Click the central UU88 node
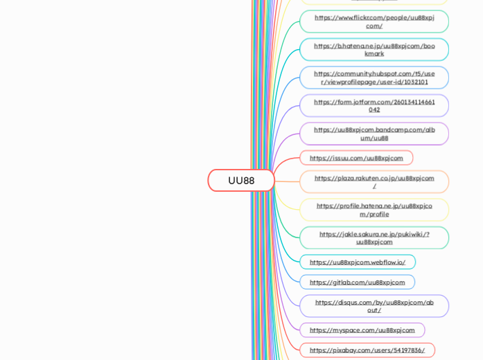point(241,180)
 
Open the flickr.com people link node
point(374,21)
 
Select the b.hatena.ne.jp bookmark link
point(374,49)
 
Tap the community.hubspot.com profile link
point(374,78)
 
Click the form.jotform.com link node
point(374,105)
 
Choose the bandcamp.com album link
point(374,134)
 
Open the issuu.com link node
point(356,158)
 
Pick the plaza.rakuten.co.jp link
point(374,181)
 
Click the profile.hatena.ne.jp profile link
point(374,210)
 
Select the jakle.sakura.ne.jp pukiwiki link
point(374,237)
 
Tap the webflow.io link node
point(358,262)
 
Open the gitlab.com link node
point(357,282)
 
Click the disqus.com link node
point(374,306)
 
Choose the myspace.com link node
point(362,330)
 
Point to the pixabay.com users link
point(367,350)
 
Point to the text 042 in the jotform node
point(374,109)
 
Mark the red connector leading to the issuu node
point(286,161)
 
